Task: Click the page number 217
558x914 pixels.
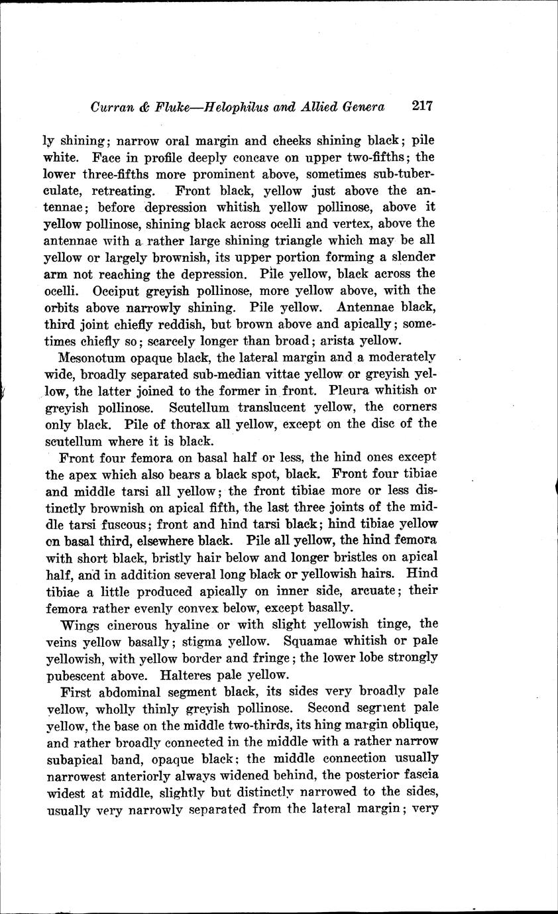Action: coord(421,106)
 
